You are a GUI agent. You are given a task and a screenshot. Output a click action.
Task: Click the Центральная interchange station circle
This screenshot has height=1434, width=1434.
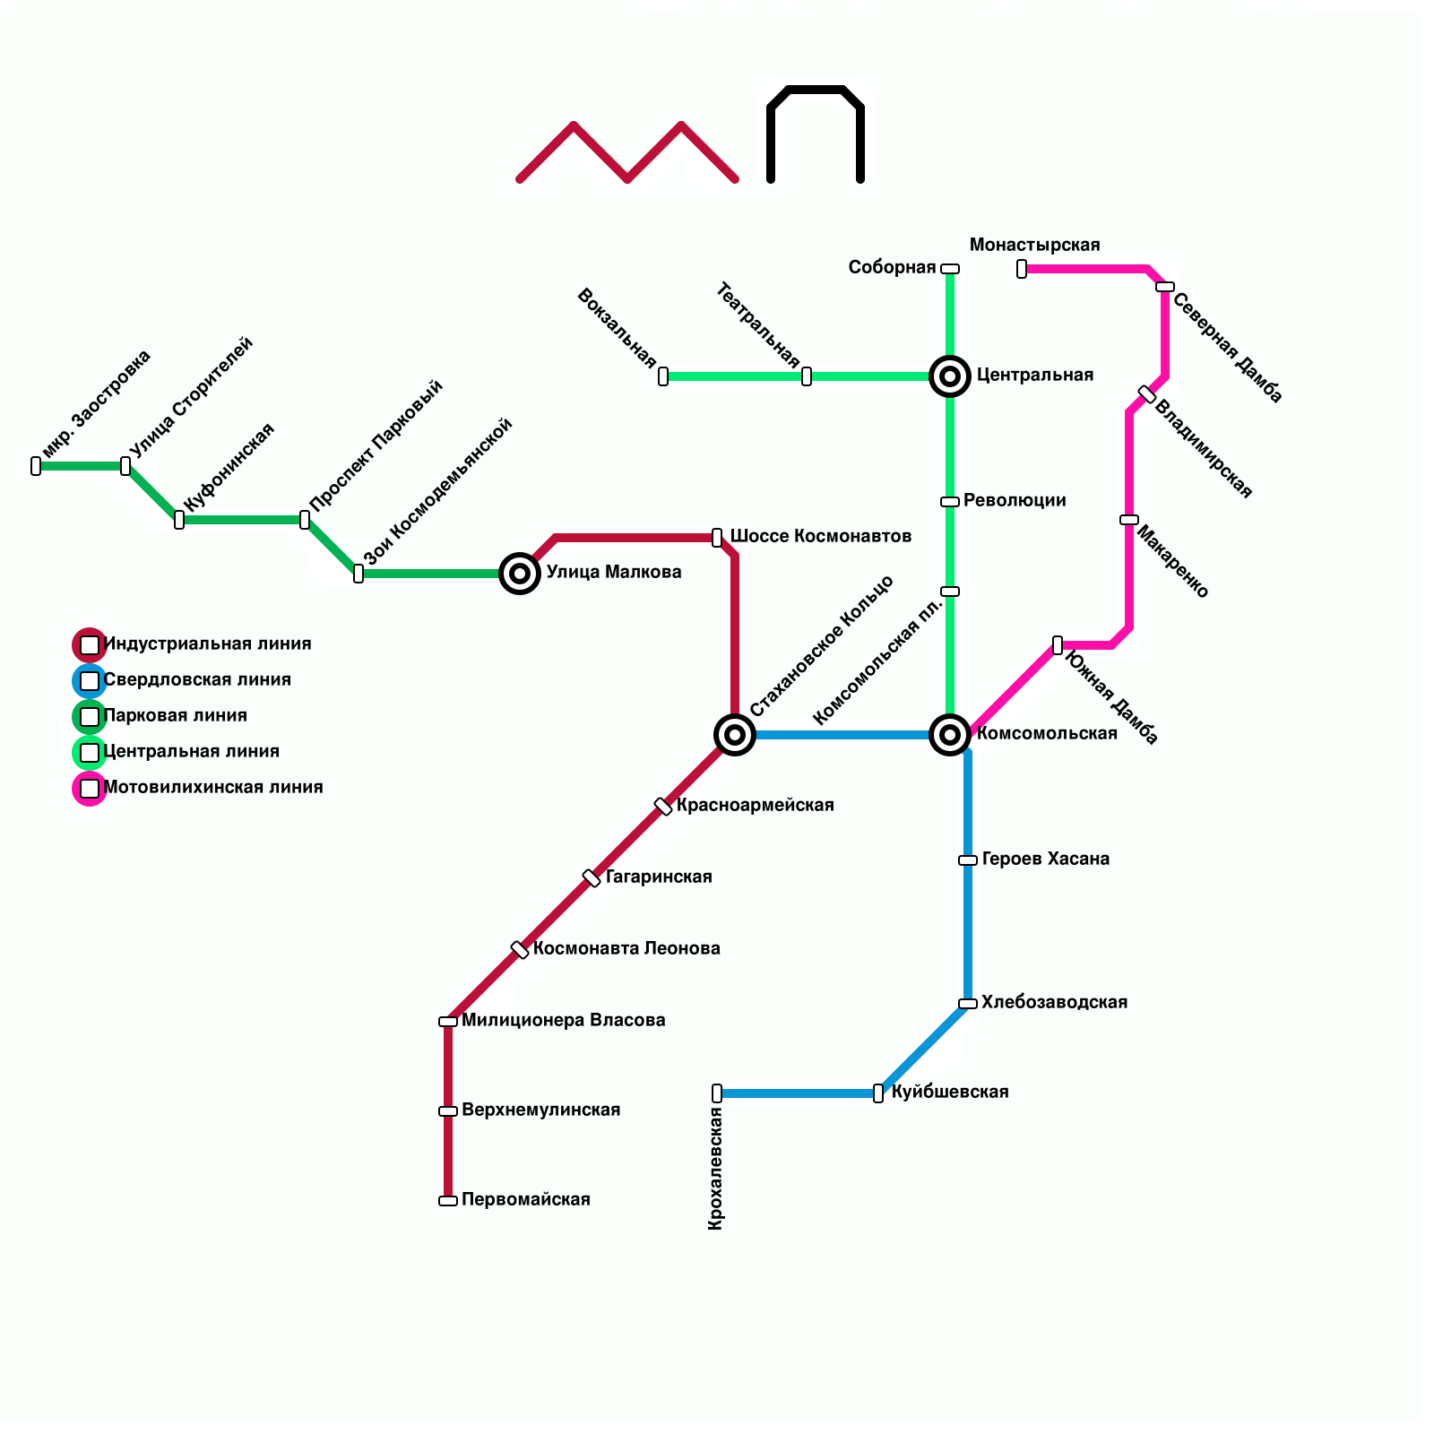(950, 376)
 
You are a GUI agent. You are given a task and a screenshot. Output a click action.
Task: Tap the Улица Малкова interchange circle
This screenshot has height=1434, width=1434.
(520, 574)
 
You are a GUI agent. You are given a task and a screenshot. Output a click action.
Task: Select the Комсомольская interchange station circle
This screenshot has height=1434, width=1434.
(950, 735)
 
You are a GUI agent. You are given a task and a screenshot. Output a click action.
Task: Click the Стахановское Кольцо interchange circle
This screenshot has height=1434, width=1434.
(735, 735)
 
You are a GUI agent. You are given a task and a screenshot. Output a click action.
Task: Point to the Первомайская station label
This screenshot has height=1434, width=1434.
(526, 1200)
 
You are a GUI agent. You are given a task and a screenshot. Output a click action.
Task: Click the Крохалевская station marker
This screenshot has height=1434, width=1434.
(717, 1093)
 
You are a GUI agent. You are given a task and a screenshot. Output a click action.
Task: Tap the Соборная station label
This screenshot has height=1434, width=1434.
(892, 268)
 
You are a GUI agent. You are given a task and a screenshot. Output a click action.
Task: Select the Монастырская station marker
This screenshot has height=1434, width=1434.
(1022, 269)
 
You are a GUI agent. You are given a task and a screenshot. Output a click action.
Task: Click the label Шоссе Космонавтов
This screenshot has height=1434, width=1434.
(820, 537)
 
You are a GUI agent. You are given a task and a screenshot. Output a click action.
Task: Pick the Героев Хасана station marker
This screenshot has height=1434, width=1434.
(968, 860)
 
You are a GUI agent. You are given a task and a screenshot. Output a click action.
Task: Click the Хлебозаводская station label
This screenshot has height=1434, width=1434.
(1054, 1003)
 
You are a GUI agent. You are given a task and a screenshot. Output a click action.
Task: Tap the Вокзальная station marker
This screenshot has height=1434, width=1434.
(663, 376)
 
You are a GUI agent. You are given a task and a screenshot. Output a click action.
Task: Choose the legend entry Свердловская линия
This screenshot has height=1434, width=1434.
(197, 680)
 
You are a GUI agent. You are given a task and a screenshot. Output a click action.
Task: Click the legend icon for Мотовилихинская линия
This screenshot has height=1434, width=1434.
(90, 789)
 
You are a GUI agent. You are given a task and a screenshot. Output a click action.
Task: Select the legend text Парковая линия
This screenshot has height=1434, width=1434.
(176, 716)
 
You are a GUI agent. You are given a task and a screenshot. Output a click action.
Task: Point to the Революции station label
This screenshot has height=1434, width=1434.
(1015, 501)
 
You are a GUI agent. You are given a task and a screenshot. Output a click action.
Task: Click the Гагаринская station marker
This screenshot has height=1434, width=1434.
(592, 878)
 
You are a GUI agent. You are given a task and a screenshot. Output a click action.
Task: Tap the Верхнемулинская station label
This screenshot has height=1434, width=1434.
(540, 1110)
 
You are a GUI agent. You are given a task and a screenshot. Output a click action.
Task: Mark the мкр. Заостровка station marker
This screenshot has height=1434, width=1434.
(36, 466)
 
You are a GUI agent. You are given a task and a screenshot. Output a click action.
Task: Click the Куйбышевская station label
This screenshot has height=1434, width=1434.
(950, 1093)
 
